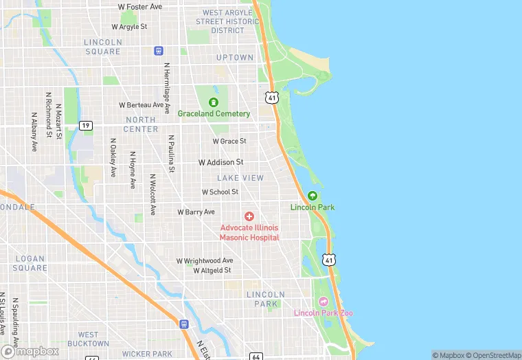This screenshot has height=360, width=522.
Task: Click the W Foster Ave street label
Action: click(x=140, y=6)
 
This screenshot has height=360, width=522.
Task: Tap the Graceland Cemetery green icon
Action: click(x=214, y=102)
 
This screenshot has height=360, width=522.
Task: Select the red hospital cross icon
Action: click(x=249, y=216)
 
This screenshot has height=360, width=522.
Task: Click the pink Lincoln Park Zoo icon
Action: click(x=324, y=302)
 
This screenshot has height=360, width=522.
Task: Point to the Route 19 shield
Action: click(x=85, y=125)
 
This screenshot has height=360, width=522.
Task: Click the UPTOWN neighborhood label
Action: click(x=235, y=58)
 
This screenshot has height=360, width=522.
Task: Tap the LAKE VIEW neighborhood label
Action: click(x=240, y=178)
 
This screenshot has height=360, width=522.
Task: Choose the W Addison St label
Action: click(x=220, y=162)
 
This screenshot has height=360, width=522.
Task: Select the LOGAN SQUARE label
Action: click(x=30, y=263)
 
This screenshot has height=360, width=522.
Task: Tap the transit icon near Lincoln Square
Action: click(x=159, y=51)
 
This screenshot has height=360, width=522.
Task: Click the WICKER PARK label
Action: click(x=152, y=354)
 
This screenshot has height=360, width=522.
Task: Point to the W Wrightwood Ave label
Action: click(x=205, y=261)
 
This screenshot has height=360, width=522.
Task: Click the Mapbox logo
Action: click(x=30, y=351)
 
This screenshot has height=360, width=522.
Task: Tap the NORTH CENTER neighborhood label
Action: click(x=141, y=124)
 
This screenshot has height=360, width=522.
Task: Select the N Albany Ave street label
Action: click(x=34, y=132)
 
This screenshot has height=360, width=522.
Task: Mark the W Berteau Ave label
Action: click(x=141, y=105)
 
